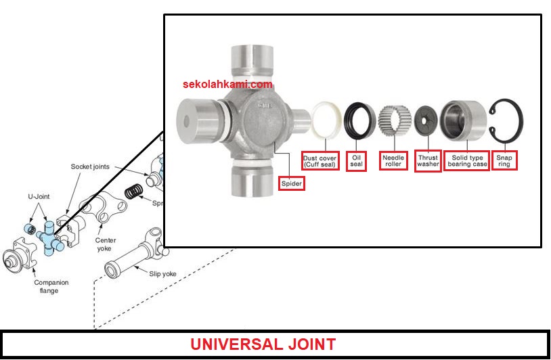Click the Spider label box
point(291,183)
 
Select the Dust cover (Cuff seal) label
point(320,161)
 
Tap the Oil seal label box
point(356,161)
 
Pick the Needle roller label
point(393,161)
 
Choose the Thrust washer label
point(428,160)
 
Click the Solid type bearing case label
point(467,161)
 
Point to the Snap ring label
point(504,161)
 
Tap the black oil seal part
point(358,120)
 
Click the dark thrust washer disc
point(428,120)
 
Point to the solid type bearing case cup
point(463,120)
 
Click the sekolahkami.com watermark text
point(227,85)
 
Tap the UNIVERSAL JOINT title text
point(263,344)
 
